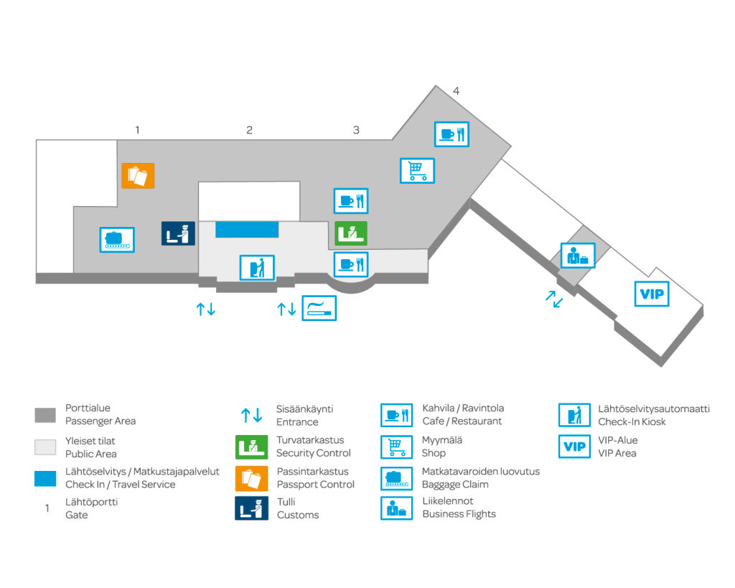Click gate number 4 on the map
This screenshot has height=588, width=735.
point(456,91)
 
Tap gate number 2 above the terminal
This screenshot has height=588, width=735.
point(249,130)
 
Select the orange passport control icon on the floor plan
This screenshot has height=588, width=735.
point(138,175)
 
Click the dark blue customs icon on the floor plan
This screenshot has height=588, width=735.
point(178,233)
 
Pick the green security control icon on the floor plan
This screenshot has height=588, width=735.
point(351,233)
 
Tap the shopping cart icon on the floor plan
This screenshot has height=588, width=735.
point(417,171)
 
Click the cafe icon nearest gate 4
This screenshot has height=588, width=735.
point(452,134)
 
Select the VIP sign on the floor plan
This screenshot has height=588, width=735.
point(652,294)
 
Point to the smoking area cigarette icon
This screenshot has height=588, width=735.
point(319,308)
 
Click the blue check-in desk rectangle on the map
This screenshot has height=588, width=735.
point(247,229)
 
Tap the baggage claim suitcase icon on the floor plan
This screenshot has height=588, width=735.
point(116,239)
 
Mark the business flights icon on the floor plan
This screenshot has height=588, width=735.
point(577,256)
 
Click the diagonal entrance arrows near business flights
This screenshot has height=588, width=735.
point(553,299)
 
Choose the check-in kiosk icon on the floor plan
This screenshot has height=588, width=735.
point(257,268)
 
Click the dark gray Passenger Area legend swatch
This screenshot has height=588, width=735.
point(45,415)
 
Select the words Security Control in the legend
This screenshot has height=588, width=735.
point(314,453)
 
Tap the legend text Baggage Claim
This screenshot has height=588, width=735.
point(459,485)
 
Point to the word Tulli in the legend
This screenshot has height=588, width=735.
point(286,502)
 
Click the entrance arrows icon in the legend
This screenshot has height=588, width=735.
point(251,415)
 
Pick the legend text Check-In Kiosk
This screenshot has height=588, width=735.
point(632,421)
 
